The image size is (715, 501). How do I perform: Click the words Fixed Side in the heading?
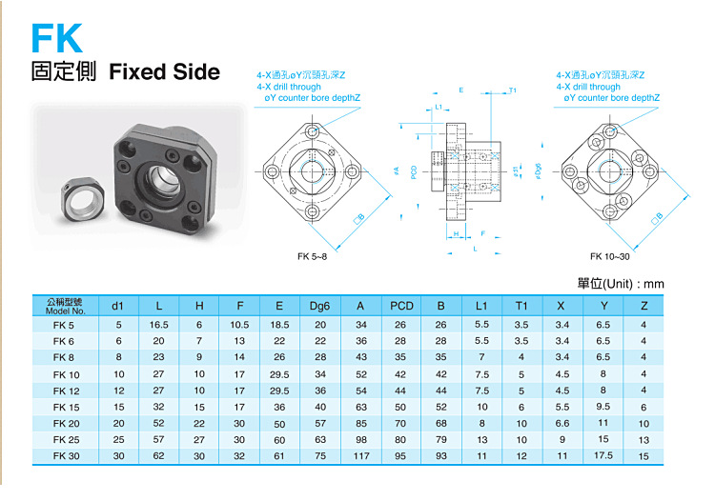[164, 72]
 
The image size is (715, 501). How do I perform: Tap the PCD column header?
[401, 306]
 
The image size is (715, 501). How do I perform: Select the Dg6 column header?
[319, 306]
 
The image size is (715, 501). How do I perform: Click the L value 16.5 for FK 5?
[159, 325]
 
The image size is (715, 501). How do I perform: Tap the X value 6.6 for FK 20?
[562, 423]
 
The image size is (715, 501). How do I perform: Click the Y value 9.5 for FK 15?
[603, 407]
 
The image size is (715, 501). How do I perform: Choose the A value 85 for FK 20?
[360, 423]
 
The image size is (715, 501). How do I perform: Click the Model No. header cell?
[65, 306]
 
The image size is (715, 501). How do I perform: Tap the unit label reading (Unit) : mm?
[621, 284]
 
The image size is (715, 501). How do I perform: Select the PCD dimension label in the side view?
[414, 172]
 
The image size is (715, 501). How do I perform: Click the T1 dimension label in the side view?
[513, 90]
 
